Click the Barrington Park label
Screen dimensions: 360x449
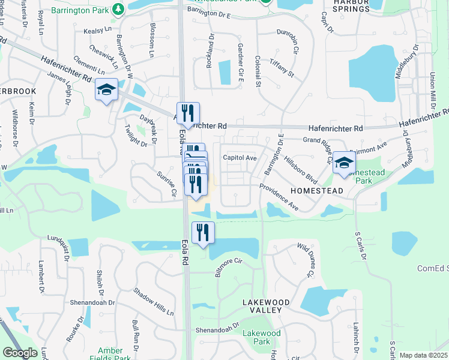[87, 10]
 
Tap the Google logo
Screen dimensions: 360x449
[20, 352]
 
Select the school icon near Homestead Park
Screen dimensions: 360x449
[344, 163]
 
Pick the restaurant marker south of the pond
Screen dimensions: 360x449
[203, 233]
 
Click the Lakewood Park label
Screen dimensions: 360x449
[261, 337]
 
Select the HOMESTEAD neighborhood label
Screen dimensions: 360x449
[316, 190]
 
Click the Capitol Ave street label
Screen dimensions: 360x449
[240, 158]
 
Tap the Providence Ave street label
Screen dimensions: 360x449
[279, 197]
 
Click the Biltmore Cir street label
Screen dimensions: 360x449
[228, 268]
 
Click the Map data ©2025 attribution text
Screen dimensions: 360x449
[423, 355]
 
